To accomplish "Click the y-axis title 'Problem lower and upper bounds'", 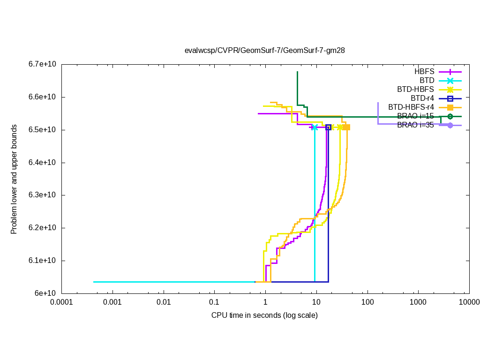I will tap(14, 180).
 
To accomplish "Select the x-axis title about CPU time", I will tap(264, 315).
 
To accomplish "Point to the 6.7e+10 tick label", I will tap(42, 64).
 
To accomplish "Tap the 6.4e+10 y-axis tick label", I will tap(42, 163).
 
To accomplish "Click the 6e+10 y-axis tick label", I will tap(46, 293).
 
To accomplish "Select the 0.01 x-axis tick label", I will tap(164, 302).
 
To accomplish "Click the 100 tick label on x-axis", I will tap(367, 302).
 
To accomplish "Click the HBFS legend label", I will tap(424, 72).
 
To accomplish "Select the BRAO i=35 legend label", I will tap(415, 125).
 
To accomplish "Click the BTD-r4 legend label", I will tap(422, 98).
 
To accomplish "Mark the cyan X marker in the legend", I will tap(450, 81).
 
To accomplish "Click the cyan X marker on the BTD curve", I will tap(314, 127).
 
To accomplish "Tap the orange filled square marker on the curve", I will tap(346, 127).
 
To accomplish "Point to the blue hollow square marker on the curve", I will tap(328, 127).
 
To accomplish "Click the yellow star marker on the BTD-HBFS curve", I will tap(339, 127).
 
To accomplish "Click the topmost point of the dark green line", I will tap(297, 72).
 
